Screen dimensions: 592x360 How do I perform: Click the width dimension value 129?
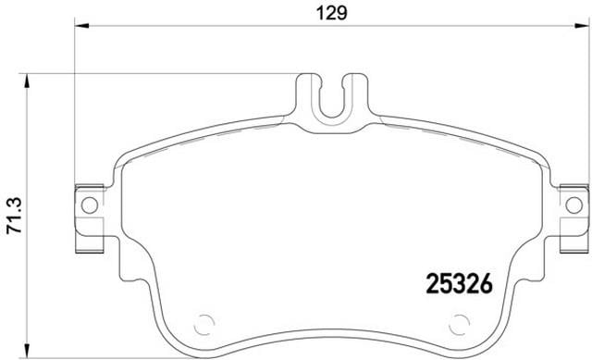click(x=331, y=14)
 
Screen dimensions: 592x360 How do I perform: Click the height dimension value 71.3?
click(x=15, y=216)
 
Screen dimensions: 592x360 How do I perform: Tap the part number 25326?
click(x=460, y=283)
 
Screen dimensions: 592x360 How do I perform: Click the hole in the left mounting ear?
click(x=90, y=205)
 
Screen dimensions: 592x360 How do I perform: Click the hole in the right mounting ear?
click(x=573, y=205)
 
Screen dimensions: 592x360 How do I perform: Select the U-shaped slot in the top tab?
click(x=332, y=101)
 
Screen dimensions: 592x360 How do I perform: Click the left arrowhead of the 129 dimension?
click(x=81, y=26)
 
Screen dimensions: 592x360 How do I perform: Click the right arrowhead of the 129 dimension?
click(x=582, y=26)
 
